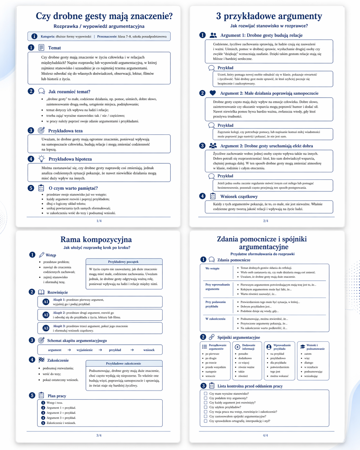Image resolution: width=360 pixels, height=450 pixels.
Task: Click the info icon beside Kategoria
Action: (34, 37)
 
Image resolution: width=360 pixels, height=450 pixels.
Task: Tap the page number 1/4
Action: (99, 221)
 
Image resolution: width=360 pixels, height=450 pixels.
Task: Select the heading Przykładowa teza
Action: (65, 131)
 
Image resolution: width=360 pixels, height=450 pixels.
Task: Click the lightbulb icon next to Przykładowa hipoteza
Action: (41, 159)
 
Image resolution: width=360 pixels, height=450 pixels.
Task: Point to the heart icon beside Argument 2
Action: (212, 93)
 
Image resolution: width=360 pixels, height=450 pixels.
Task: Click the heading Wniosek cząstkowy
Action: (239, 196)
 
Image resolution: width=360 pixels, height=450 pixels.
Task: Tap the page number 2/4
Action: (266, 221)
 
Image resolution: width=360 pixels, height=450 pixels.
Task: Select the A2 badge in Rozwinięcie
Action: (46, 315)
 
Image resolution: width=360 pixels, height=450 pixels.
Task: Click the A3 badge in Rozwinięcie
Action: (46, 328)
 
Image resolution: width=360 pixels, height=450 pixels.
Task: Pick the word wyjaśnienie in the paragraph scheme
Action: (85, 350)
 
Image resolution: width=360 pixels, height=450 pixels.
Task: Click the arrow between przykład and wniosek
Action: (132, 350)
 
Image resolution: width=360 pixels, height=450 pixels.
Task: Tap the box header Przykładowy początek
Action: (123, 262)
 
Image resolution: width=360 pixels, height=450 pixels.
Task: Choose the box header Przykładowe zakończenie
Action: (124, 363)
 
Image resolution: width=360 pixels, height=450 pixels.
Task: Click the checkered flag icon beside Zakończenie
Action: (41, 360)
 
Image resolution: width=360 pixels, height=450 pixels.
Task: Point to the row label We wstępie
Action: (212, 268)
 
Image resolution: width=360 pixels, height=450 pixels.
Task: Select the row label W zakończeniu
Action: (215, 319)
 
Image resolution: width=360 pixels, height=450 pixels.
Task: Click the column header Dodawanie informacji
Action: (248, 347)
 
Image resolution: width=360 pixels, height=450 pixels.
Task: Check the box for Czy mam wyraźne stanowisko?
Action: (206, 394)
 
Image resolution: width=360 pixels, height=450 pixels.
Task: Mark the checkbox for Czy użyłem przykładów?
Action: (206, 407)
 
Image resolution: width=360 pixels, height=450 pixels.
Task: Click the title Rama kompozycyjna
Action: (96, 239)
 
